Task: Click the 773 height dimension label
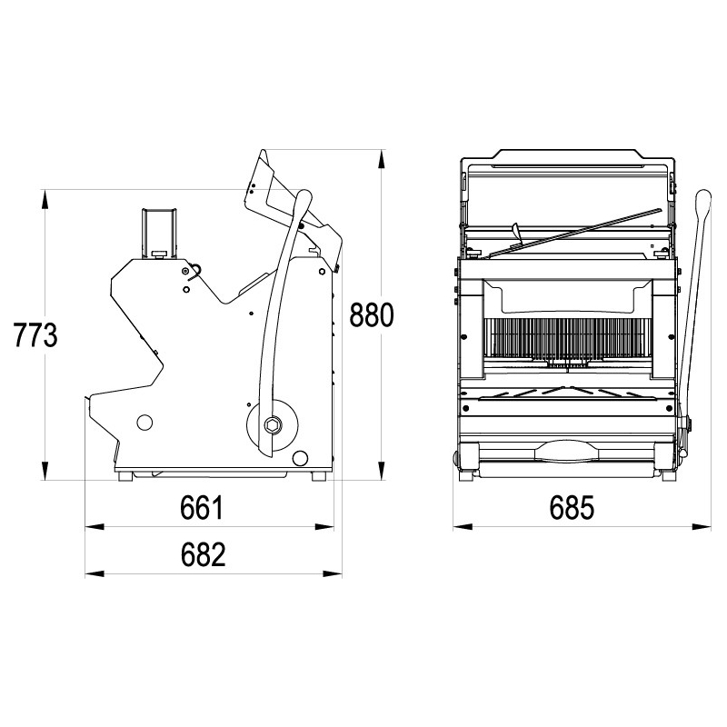pos(35,334)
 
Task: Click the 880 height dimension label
pos(371,314)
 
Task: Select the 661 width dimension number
pos(202,507)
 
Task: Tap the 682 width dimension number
pos(203,554)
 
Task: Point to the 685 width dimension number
pos(572,507)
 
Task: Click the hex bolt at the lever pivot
pos(272,424)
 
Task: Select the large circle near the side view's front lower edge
pos(144,422)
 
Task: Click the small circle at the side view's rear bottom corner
pos(300,458)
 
